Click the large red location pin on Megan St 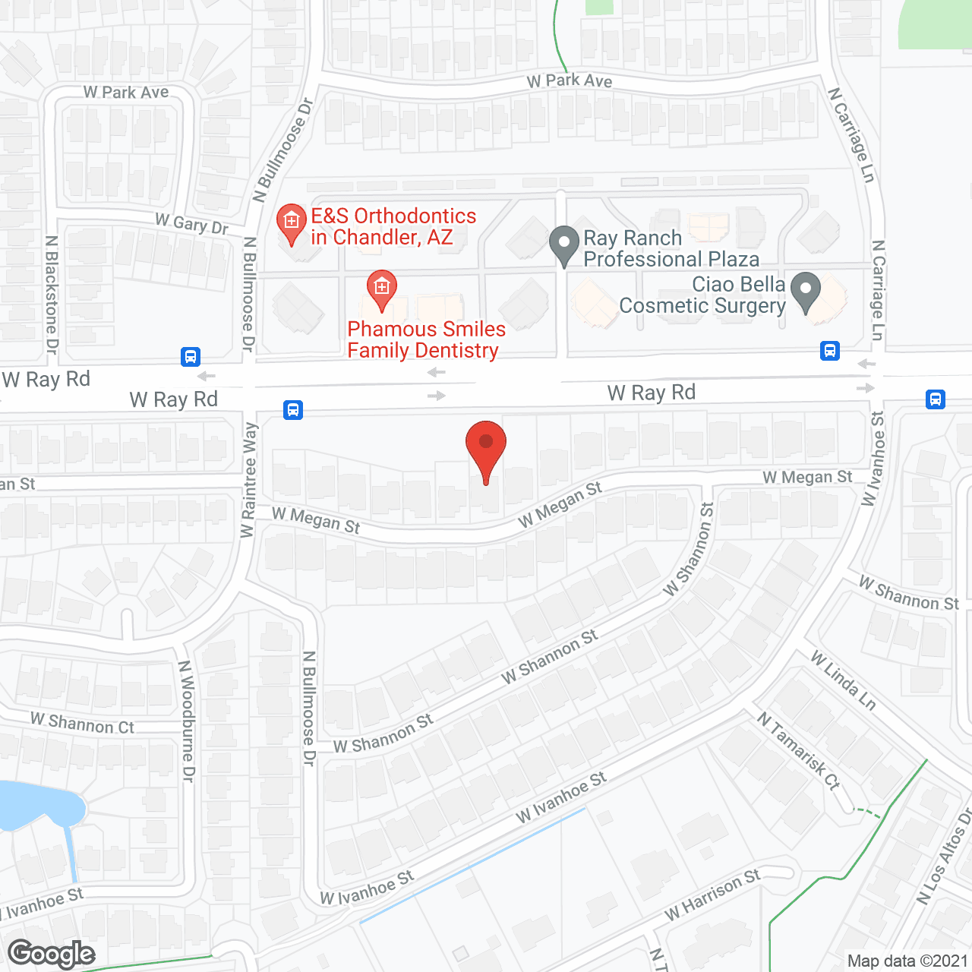(486, 448)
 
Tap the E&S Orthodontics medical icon (291, 222)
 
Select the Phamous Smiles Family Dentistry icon (382, 289)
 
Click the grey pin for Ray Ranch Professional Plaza (563, 245)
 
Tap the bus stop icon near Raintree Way (293, 410)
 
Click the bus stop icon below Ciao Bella (830, 351)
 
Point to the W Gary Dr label (191, 224)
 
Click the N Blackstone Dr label (52, 295)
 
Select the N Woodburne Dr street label (187, 721)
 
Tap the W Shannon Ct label (82, 723)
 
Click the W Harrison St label (712, 896)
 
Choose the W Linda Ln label (843, 680)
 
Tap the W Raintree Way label (249, 481)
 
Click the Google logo (52, 954)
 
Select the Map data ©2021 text (907, 961)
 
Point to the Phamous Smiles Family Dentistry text (426, 339)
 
